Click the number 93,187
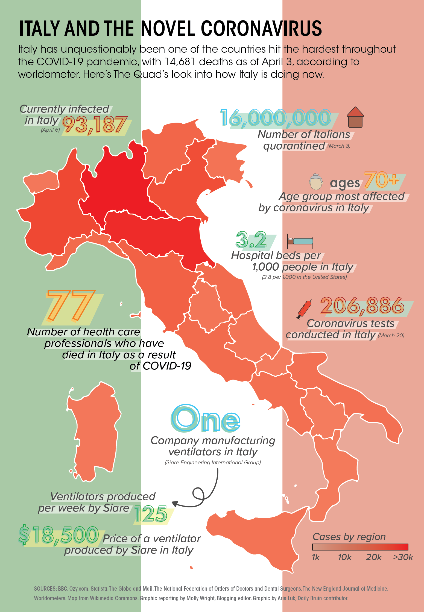tap(95, 125)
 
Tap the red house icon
tap(355, 118)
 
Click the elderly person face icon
tap(316, 182)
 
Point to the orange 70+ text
tap(382, 180)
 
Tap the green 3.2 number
tap(251, 240)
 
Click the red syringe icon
tap(304, 309)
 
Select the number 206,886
tap(362, 305)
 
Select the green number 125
tap(151, 514)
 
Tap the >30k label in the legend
tap(403, 557)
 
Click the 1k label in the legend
tap(316, 557)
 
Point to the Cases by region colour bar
tap(360, 547)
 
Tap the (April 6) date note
tap(50, 130)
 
